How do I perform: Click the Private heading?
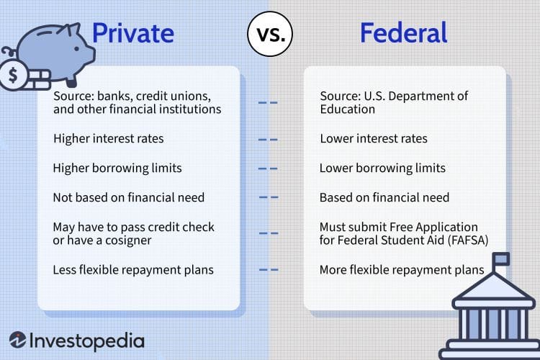point(132,34)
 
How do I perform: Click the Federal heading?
point(404,34)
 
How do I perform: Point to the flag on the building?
point(500,258)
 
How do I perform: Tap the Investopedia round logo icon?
point(19,341)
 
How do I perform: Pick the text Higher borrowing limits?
point(117,168)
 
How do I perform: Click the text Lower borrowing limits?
point(382,168)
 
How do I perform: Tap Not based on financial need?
point(128,197)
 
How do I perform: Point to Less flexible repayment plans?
point(132,270)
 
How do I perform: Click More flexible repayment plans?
point(401,270)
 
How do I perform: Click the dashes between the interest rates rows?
point(268,138)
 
